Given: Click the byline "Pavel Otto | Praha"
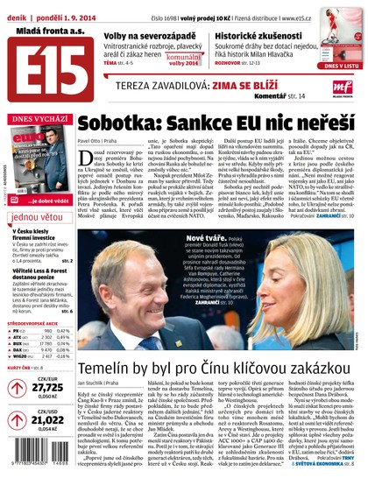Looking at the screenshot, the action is (x=100, y=140).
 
